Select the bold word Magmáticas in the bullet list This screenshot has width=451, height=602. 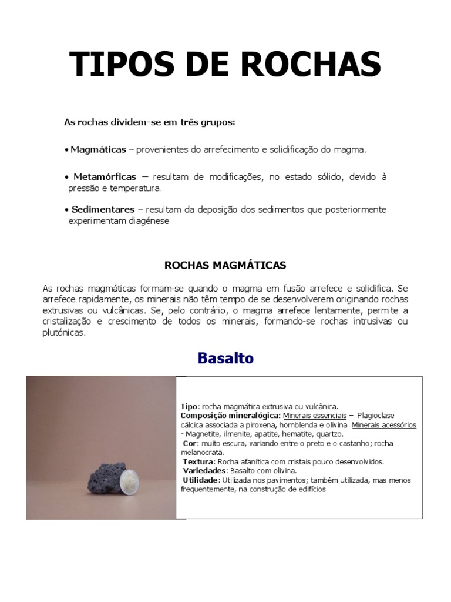pyautogui.click(x=98, y=150)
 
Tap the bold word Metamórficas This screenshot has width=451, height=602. pyautogui.click(x=105, y=176)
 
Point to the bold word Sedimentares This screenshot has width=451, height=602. pyautogui.click(x=103, y=209)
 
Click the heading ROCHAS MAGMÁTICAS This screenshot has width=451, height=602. pyautogui.click(x=225, y=265)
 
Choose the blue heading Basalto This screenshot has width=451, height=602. pyautogui.click(x=225, y=357)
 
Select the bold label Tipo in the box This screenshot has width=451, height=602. pyautogui.click(x=189, y=406)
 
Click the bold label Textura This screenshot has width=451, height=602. pyautogui.click(x=199, y=461)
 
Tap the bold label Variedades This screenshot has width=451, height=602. pyautogui.click(x=204, y=471)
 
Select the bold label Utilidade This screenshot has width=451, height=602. pyautogui.click(x=200, y=480)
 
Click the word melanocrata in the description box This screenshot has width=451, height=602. pyautogui.click(x=201, y=452)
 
